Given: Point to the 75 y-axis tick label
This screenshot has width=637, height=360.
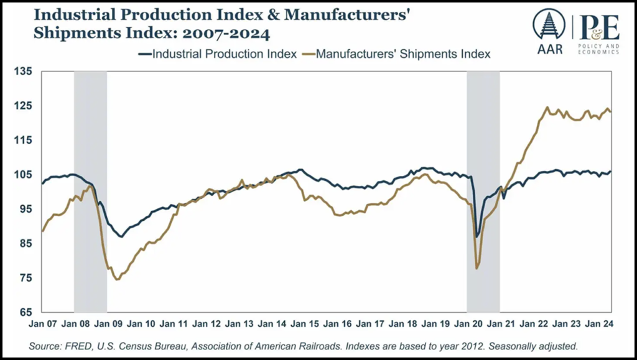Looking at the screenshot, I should coord(26,277).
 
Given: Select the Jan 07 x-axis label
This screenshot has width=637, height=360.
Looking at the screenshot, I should coord(42,324).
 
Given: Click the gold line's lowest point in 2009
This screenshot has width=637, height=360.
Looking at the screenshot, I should coord(116,280).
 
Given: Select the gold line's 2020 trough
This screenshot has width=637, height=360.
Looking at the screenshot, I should coord(477,268).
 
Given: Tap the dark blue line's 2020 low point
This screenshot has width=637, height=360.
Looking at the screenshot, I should coord(477,236).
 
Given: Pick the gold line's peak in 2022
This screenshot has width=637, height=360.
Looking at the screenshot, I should coord(547,108).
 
